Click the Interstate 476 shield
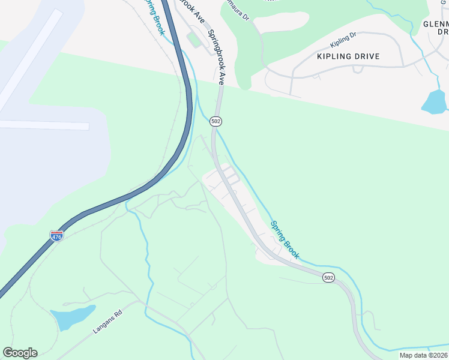(x=56, y=236)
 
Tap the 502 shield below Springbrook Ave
(x=216, y=121)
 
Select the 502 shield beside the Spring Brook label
(x=328, y=279)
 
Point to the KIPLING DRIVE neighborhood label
(x=349, y=56)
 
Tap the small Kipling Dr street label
(x=343, y=44)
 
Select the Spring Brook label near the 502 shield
(x=285, y=240)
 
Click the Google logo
(x=20, y=353)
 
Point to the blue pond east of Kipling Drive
(x=435, y=103)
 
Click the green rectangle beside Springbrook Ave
(x=194, y=40)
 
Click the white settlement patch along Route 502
(x=240, y=204)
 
